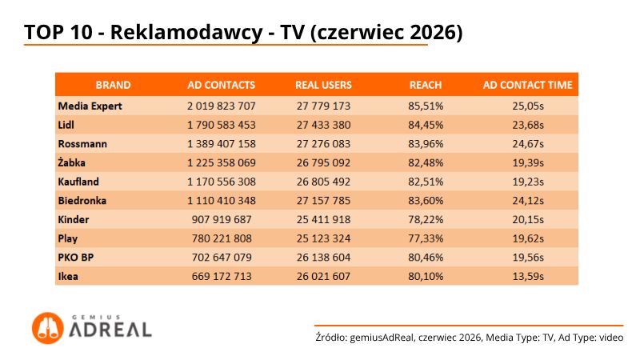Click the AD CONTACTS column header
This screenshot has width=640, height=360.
222,85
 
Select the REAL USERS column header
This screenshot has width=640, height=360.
323,85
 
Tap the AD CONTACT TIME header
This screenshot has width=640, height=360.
528,85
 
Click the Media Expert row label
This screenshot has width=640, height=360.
90,106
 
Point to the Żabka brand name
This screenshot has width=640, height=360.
71,162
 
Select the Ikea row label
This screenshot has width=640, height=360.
68,276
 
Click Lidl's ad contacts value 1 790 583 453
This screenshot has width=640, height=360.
222,125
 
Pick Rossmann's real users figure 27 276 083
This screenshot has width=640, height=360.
323,144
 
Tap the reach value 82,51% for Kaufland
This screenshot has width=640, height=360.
426,182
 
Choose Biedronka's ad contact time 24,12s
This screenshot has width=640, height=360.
528,201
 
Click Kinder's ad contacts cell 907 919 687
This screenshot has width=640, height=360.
222,219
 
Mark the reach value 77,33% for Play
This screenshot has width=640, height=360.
426,238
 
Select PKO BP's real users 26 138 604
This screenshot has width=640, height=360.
323,257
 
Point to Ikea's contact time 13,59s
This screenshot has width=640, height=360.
528,276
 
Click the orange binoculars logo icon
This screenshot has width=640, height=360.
48,328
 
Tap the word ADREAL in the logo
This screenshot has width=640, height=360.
110,330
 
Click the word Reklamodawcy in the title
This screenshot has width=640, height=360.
186,32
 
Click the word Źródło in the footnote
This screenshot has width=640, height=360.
331,338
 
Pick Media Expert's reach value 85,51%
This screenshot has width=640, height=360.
426,106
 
